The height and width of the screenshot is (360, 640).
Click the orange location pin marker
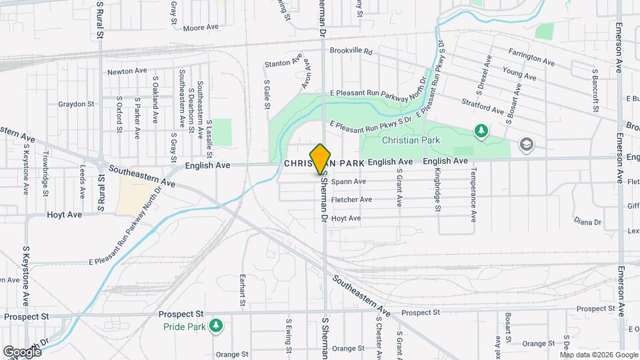pyautogui.click(x=321, y=159)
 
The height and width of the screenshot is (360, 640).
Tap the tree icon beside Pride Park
pyautogui.click(x=215, y=325)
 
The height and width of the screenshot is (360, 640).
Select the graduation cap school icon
pyautogui.click(x=527, y=145)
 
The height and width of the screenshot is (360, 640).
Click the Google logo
pyautogui.click(x=22, y=351)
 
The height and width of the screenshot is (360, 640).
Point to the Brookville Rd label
pyautogui.click(x=349, y=51)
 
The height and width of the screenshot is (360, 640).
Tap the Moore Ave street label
pyautogui.click(x=201, y=28)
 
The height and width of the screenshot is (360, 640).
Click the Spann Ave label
pyautogui.click(x=349, y=181)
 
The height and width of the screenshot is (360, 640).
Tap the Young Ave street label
pyautogui.click(x=519, y=73)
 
